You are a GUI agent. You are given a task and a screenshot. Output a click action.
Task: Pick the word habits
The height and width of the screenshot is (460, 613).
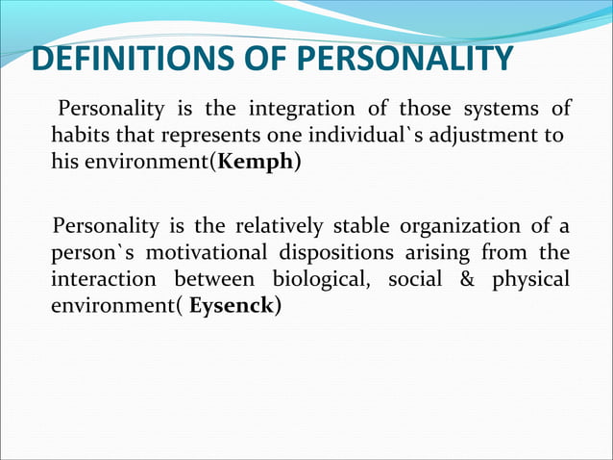click(x=82, y=133)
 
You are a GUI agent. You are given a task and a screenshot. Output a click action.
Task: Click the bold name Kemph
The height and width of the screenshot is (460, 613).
click(x=257, y=161)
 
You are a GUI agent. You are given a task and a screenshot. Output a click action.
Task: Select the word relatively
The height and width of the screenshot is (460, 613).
click(x=280, y=226)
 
